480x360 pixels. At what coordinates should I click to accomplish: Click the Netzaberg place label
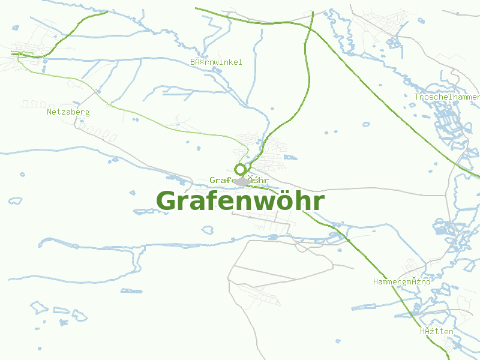(x=68, y=112)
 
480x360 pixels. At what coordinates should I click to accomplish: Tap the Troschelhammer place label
(x=447, y=97)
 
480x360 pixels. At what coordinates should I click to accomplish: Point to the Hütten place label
(x=437, y=331)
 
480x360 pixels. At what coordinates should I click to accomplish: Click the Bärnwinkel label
(x=216, y=62)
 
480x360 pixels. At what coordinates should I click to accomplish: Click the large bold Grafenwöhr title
(x=240, y=201)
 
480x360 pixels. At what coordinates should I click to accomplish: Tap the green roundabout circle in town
(x=240, y=169)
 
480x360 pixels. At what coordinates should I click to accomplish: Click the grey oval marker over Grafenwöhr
(x=241, y=181)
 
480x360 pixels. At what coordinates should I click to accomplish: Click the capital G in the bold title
(x=166, y=201)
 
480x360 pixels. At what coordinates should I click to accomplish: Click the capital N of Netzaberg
(x=49, y=112)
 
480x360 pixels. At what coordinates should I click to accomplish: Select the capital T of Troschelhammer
(x=417, y=97)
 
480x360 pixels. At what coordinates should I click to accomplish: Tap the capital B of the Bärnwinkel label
(x=193, y=62)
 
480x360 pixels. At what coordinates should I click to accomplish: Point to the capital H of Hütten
(x=422, y=331)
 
